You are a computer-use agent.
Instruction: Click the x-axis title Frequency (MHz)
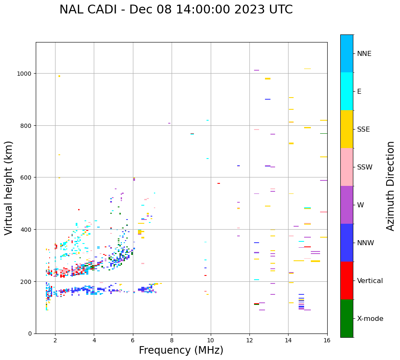(x=181, y=350)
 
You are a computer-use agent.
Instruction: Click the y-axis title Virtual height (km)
(x=9, y=188)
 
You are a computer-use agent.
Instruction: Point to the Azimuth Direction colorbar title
(x=390, y=186)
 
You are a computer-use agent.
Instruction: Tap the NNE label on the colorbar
(x=364, y=53)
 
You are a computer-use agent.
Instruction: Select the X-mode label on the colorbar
(x=370, y=319)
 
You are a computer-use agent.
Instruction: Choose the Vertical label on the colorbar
(x=370, y=281)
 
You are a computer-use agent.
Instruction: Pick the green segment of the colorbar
(x=347, y=318)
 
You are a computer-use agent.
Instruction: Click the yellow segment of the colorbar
(x=347, y=129)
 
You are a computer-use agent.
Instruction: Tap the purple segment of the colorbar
(x=347, y=205)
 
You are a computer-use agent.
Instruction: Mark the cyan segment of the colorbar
(x=347, y=91)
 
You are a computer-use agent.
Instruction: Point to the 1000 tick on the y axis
(x=25, y=74)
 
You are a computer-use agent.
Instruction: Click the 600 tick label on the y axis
(x=27, y=177)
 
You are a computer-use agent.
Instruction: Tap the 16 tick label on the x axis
(x=327, y=341)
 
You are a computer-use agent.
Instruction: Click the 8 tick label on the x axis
(x=172, y=341)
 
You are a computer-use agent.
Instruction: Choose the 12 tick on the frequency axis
(x=249, y=341)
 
